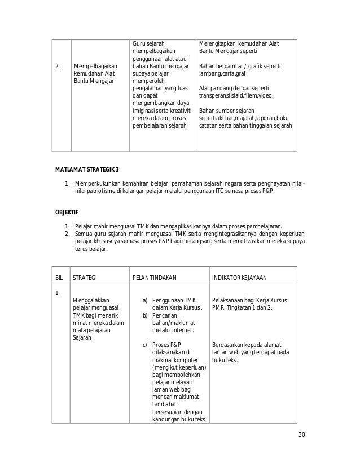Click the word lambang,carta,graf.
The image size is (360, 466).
222,74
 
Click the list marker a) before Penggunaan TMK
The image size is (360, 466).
146,301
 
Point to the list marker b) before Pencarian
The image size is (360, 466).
146,315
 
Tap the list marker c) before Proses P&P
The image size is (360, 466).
145,345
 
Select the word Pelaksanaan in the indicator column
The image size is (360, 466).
229,301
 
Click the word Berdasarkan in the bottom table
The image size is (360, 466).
228,345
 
